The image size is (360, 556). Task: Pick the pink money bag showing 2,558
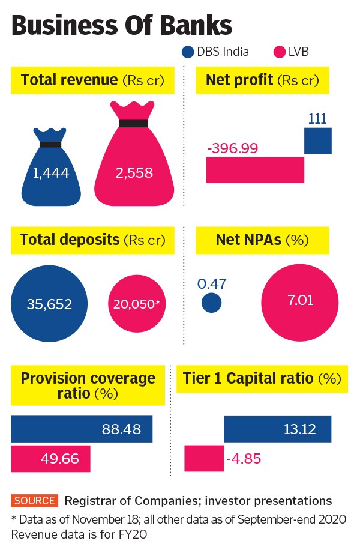tap(133, 165)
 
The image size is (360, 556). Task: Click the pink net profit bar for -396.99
tap(255, 169)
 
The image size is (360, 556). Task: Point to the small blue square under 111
tap(317, 141)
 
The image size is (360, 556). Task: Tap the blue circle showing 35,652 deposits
tap(49, 304)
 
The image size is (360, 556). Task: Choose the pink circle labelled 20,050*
tap(137, 304)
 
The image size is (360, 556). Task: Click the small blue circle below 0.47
tap(211, 303)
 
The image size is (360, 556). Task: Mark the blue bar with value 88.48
tap(82, 429)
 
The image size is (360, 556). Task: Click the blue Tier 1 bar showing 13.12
tap(278, 429)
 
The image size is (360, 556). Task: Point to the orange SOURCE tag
tap(34, 500)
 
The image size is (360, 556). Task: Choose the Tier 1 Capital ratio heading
tap(262, 379)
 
